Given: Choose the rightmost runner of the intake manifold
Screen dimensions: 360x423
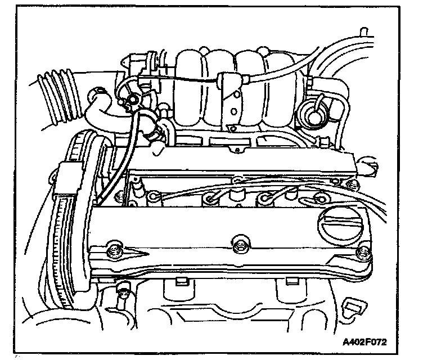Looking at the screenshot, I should coord(276,84).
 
